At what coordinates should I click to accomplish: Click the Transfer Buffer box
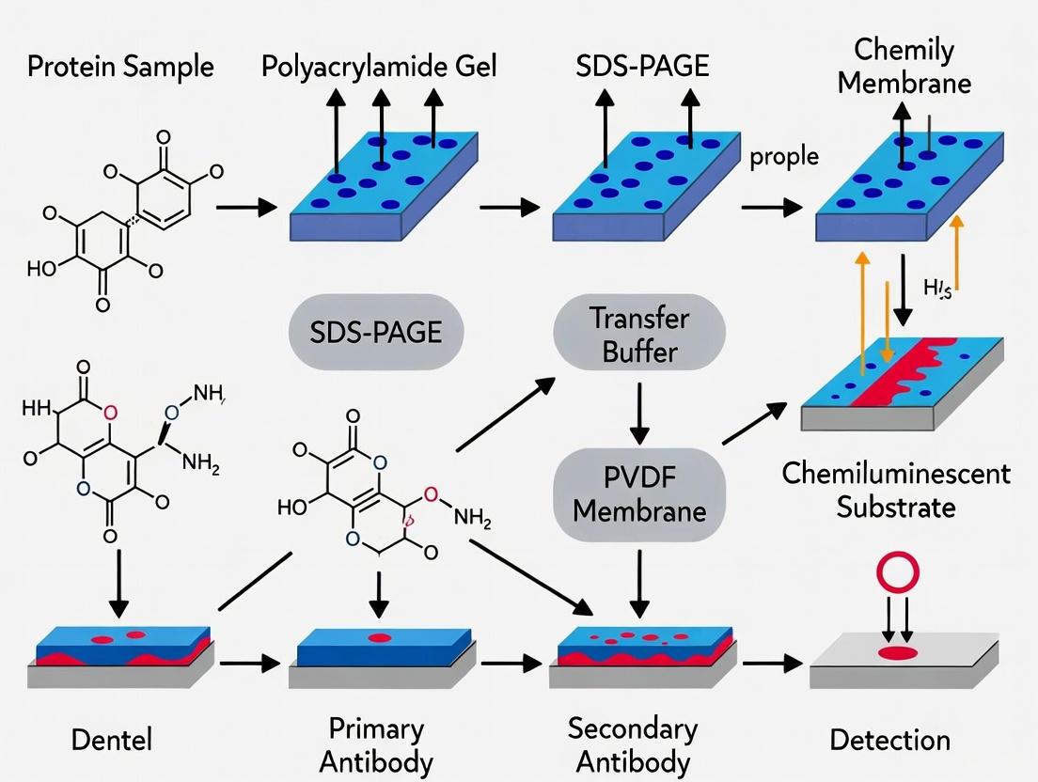pyautogui.click(x=640, y=335)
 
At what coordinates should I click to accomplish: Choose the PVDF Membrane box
pyautogui.click(x=640, y=494)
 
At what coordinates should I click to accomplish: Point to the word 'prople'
pyautogui.click(x=784, y=156)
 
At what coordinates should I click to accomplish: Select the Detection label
pyautogui.click(x=889, y=740)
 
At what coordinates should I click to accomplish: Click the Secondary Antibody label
pyautogui.click(x=633, y=744)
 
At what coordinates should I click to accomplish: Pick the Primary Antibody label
pyautogui.click(x=377, y=744)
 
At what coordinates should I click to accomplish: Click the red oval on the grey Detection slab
pyautogui.click(x=895, y=651)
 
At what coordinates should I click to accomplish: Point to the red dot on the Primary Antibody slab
pyautogui.click(x=379, y=638)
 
